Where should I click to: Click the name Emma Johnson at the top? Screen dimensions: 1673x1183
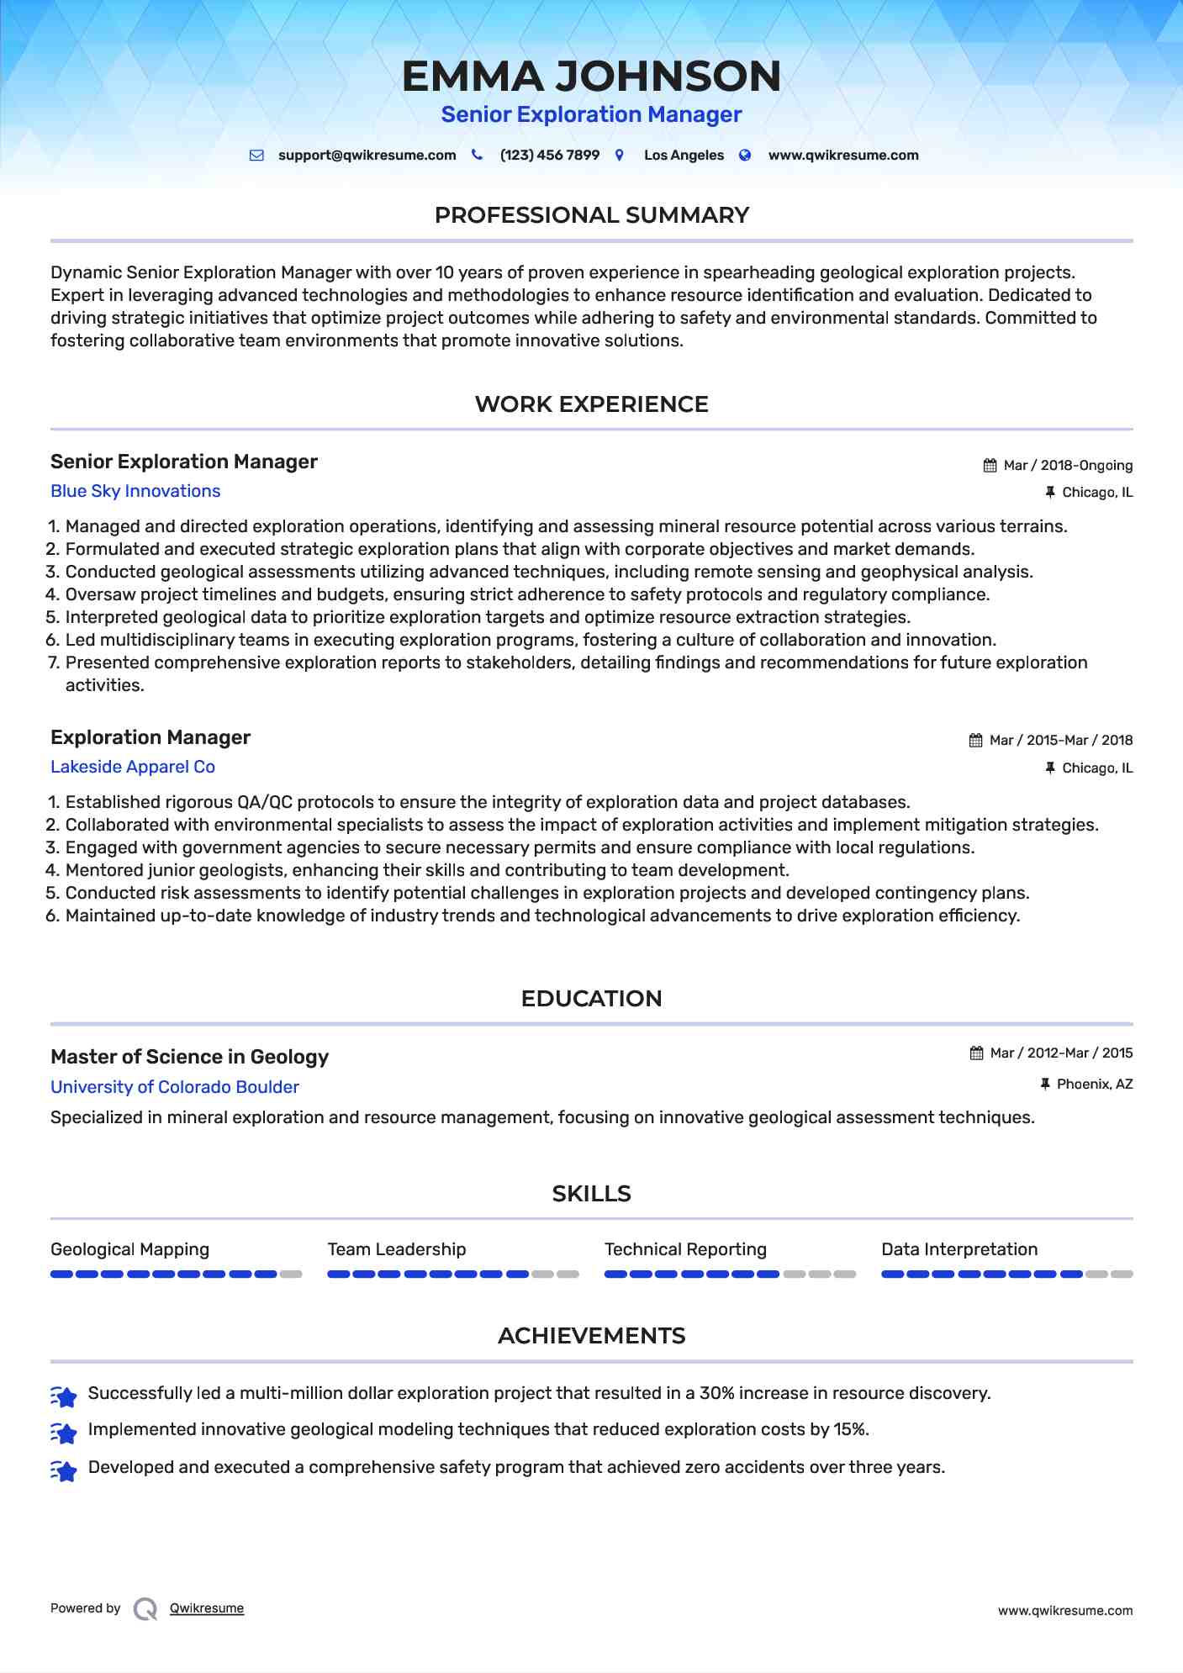click(x=591, y=77)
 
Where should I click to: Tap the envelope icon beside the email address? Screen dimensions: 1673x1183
click(x=256, y=156)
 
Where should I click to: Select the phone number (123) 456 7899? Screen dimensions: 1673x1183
click(x=549, y=156)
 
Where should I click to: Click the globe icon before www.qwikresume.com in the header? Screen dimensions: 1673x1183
click(x=745, y=156)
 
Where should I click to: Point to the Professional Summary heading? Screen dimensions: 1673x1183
click(x=591, y=215)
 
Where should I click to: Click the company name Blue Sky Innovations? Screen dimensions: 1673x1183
click(x=135, y=491)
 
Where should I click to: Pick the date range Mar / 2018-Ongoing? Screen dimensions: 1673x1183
click(x=1068, y=466)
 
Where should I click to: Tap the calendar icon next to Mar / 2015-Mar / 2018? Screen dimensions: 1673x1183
click(x=975, y=741)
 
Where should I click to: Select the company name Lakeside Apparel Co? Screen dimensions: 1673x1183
click(x=133, y=767)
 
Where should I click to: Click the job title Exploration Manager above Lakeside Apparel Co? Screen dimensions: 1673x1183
click(x=151, y=737)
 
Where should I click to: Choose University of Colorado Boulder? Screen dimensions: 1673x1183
click(x=175, y=1087)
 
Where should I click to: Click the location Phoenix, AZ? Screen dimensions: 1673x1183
click(x=1094, y=1085)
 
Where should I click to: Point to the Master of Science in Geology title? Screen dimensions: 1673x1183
click(x=189, y=1057)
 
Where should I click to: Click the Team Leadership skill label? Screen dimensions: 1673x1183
click(x=397, y=1249)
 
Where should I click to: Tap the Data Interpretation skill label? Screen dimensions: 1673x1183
click(x=959, y=1249)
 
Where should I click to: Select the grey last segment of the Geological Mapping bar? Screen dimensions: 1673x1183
click(x=291, y=1275)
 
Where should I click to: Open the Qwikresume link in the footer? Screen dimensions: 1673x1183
click(x=207, y=1608)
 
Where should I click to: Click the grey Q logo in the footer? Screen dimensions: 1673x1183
click(x=145, y=1608)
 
